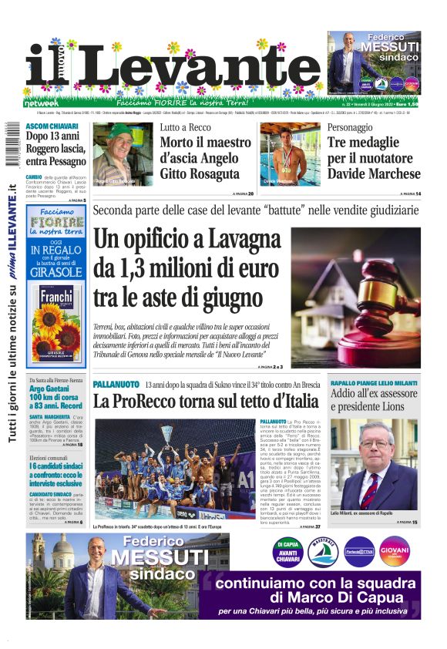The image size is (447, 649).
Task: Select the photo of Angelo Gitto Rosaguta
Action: [x=123, y=154]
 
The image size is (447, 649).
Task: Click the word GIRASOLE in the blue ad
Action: [x=55, y=272]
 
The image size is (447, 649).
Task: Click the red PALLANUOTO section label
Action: [x=116, y=384]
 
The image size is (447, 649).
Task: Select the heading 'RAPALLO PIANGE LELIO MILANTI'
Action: [x=374, y=383]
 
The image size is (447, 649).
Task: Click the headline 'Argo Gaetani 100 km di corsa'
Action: [x=55, y=394]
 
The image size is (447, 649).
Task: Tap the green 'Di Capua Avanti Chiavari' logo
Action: [x=287, y=550]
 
